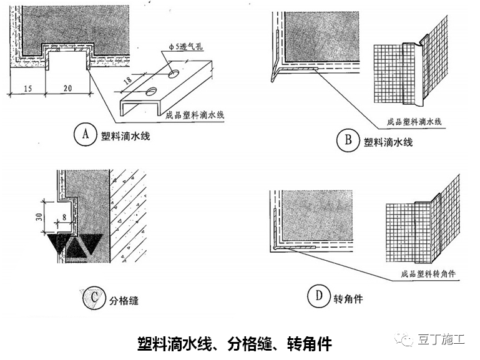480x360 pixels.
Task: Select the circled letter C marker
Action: pyautogui.click(x=92, y=298)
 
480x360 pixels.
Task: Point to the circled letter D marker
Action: pyautogui.click(x=319, y=298)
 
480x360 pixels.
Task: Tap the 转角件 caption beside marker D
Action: pyautogui.click(x=348, y=299)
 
